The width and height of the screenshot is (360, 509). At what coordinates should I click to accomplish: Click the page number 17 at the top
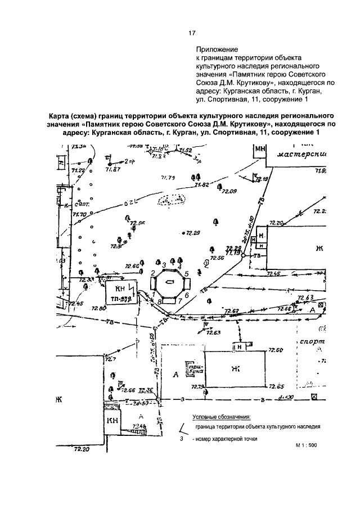tap(191, 33)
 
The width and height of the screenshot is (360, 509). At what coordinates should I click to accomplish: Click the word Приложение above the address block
tap(214, 49)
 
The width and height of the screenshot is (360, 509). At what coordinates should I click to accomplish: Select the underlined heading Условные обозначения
tap(221, 417)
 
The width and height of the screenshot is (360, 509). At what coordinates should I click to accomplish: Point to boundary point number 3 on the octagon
tap(164, 264)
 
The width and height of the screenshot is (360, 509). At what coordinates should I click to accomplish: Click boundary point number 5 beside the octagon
tap(186, 273)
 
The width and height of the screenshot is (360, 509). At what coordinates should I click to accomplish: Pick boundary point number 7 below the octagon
tap(178, 301)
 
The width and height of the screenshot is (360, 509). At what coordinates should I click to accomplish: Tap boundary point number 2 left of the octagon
tap(152, 273)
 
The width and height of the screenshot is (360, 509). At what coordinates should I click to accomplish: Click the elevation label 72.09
tap(229, 192)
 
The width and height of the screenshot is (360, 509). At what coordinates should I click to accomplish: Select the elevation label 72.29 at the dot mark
tap(193, 233)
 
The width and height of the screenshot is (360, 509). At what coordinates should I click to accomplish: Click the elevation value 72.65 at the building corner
tap(276, 386)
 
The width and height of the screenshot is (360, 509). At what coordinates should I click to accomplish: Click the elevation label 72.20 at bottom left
tap(82, 449)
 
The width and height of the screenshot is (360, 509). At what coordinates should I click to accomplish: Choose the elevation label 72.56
tap(217, 258)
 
